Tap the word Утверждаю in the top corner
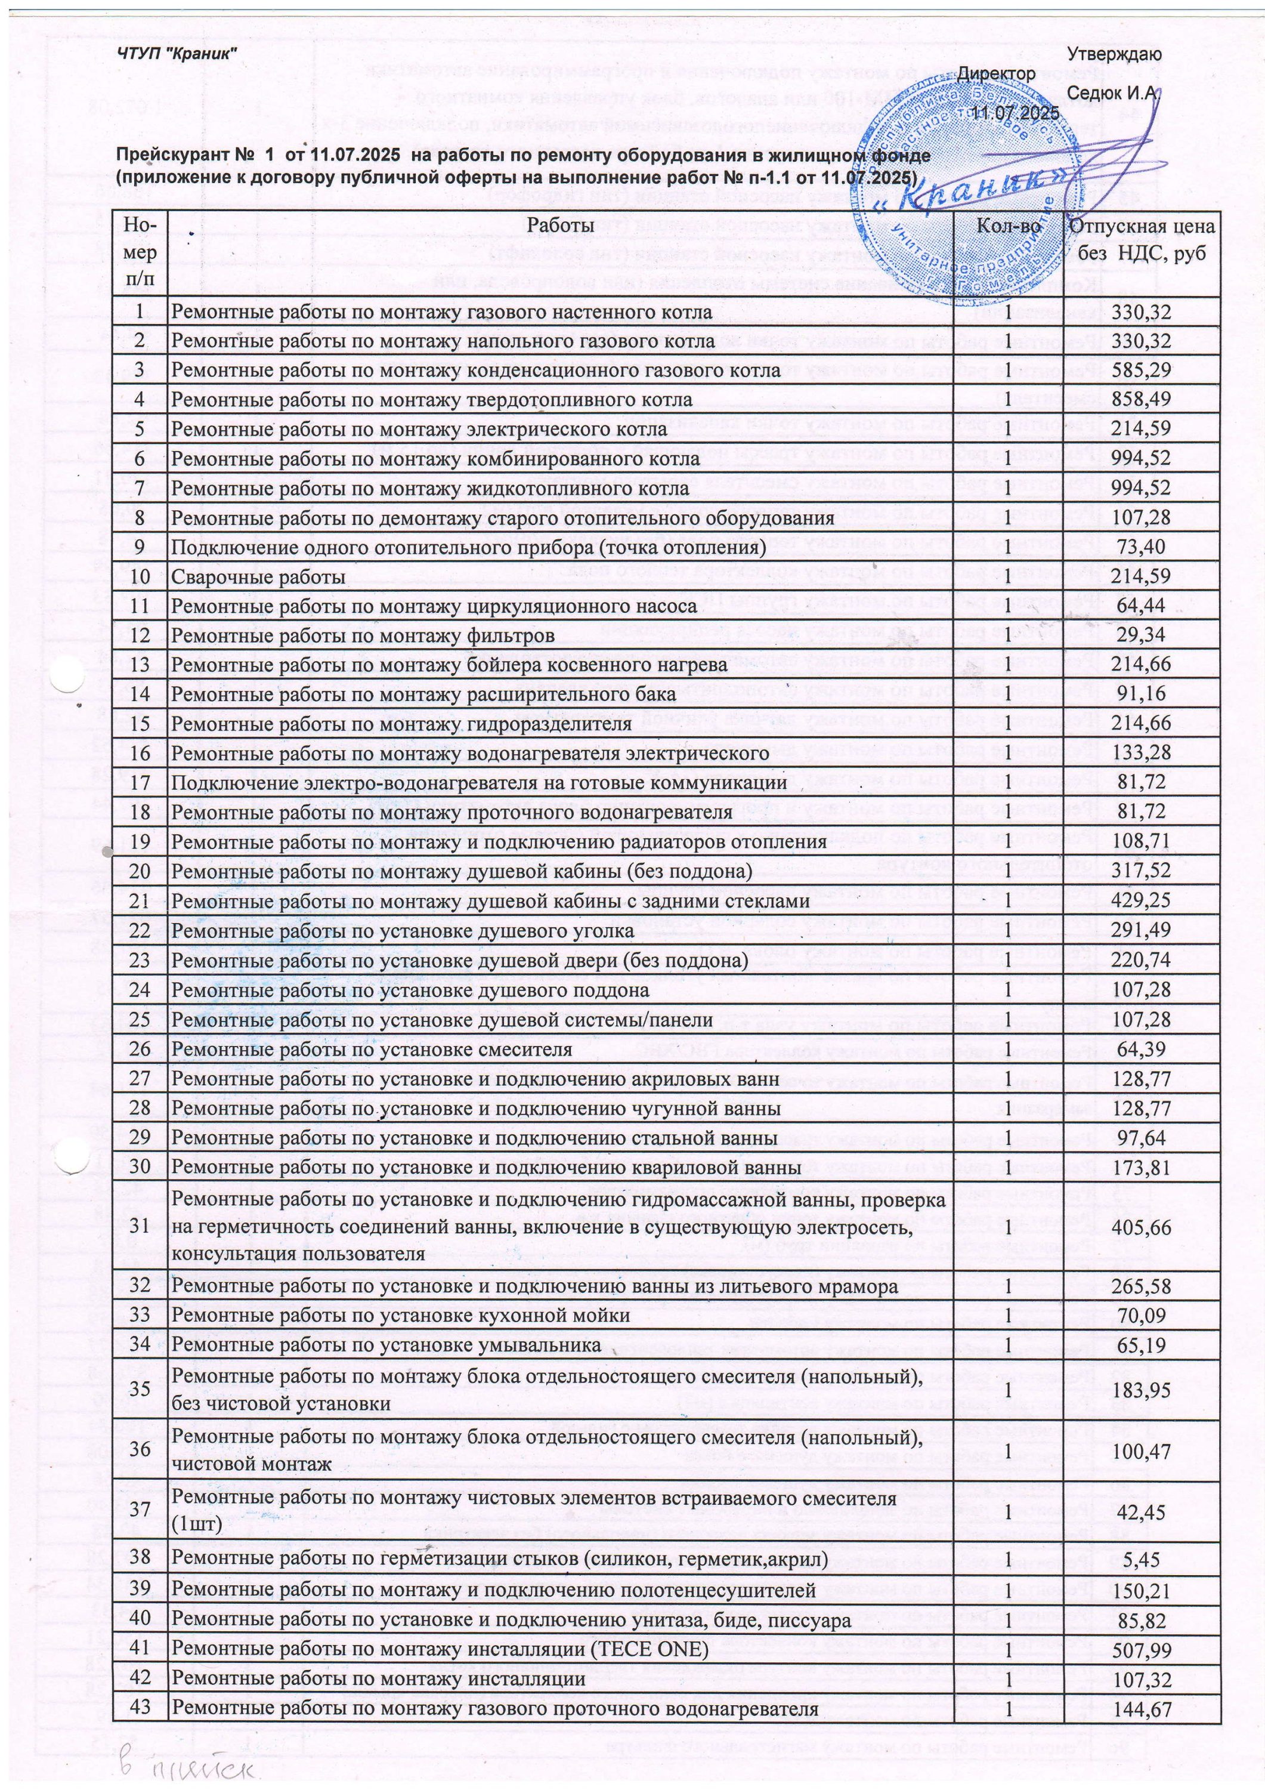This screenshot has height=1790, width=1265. (x=1115, y=54)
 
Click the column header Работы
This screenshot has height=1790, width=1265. (x=561, y=226)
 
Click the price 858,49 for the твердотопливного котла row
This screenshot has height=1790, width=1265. (x=1141, y=400)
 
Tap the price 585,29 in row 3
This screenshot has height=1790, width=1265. (x=1141, y=371)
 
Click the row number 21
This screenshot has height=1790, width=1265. (x=140, y=901)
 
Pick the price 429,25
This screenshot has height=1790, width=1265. (x=1141, y=901)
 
